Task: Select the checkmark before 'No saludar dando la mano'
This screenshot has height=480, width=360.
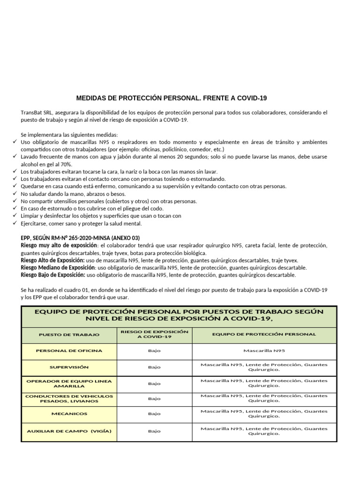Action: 15,194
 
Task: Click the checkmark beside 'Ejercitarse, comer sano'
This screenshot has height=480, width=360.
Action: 15,223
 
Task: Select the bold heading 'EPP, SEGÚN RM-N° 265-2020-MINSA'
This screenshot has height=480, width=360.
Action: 80,238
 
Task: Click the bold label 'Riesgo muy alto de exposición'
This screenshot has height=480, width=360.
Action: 59,245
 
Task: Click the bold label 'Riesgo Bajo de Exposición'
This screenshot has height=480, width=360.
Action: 53,275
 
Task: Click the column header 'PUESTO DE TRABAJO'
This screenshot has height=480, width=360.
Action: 69,335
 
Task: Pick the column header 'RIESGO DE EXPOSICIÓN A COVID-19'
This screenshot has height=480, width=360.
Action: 154,334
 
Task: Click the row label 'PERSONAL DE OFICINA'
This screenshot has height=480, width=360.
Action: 69,351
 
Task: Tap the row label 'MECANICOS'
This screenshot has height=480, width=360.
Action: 69,414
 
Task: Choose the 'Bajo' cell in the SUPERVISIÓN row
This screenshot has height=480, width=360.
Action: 154,367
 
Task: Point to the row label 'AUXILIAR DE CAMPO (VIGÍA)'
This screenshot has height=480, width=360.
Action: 69,431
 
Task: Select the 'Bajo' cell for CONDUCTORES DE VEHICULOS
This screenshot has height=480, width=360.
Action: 154,399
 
